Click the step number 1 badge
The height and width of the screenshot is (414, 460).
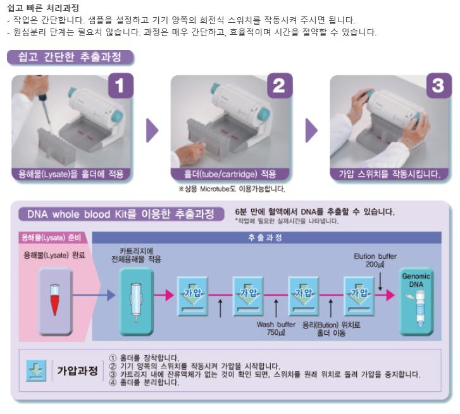point(121,85)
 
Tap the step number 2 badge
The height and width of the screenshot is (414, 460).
point(280,85)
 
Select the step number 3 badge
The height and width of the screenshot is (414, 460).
point(438,85)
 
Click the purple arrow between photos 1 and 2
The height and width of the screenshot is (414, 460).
point(152,130)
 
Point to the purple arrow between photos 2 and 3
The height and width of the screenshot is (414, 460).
point(311,130)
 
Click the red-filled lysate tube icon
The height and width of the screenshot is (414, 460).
point(55,299)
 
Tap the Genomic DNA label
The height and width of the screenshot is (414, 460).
point(416,280)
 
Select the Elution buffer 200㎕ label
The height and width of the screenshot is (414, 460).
point(375,260)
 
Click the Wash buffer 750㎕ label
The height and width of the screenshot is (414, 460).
point(276,329)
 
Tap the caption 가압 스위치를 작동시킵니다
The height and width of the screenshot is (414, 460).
point(390,174)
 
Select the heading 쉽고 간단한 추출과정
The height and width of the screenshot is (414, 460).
point(70,56)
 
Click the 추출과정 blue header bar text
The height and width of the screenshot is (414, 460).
point(265,237)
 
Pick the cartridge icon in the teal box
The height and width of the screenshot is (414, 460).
point(136,302)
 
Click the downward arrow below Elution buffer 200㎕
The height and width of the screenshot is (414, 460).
point(380,282)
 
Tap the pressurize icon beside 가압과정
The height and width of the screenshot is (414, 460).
point(36,370)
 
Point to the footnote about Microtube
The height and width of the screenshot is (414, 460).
point(232,189)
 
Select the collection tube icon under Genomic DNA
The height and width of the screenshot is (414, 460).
point(418,309)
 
